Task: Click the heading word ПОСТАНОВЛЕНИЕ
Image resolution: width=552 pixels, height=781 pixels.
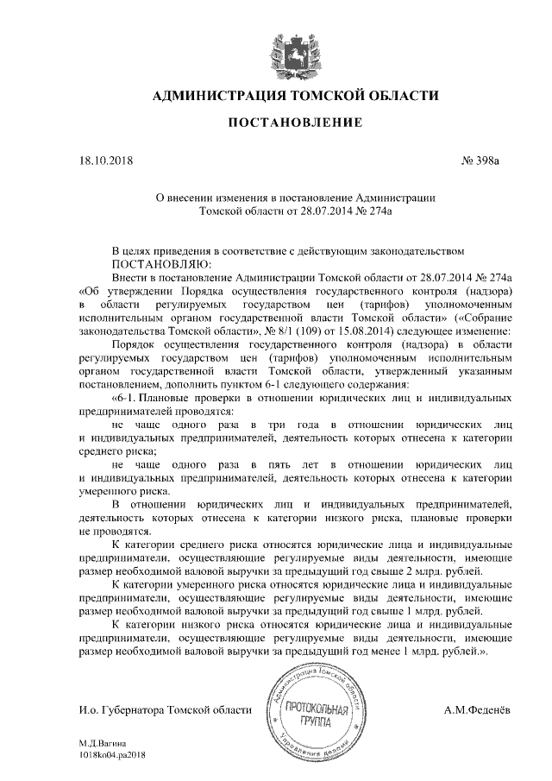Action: point(293,124)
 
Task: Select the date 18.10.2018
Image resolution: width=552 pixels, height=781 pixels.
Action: point(106,161)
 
